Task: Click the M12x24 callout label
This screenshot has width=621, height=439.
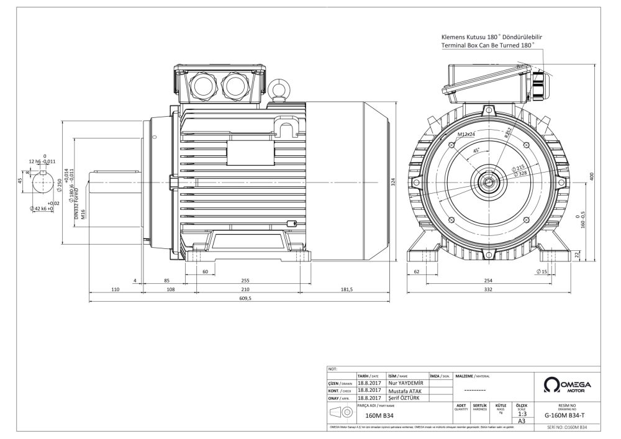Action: coord(466,134)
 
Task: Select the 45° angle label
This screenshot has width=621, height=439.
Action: coord(476,151)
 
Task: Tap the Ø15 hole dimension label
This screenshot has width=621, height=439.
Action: coord(541,271)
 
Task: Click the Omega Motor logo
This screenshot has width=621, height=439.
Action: coord(566,384)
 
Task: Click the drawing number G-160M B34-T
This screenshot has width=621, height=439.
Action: coord(564,415)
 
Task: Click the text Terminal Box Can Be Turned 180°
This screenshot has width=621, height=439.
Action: coord(486,46)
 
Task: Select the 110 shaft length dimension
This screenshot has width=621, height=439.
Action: coord(115,289)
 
